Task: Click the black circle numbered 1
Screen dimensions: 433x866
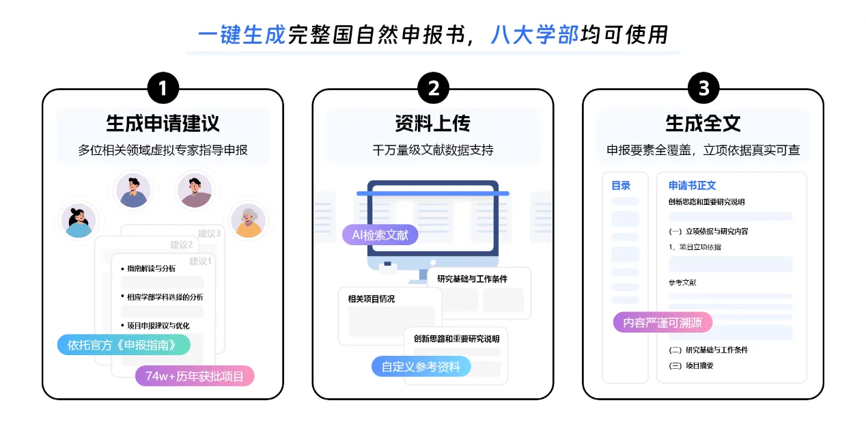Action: pyautogui.click(x=163, y=89)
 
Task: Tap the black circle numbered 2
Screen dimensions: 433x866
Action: pyautogui.click(x=433, y=89)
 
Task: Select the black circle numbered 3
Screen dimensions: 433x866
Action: pyautogui.click(x=703, y=89)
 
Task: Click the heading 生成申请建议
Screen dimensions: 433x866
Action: pyautogui.click(x=163, y=124)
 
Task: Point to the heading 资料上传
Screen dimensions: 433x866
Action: pyautogui.click(x=433, y=124)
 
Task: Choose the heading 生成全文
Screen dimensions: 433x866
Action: pyautogui.click(x=703, y=124)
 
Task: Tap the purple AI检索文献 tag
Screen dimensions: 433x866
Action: pyautogui.click(x=380, y=236)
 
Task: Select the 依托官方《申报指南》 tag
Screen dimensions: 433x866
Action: pyautogui.click(x=123, y=345)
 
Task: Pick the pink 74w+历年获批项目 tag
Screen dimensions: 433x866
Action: pyautogui.click(x=195, y=376)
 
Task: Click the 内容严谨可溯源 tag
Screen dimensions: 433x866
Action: pyautogui.click(x=662, y=322)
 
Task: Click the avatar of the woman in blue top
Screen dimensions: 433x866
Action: pyautogui.click(x=78, y=221)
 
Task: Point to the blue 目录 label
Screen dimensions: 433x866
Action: pyautogui.click(x=621, y=186)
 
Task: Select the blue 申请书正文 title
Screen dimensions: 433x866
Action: pyautogui.click(x=692, y=186)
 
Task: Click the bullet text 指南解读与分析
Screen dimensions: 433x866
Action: pyautogui.click(x=151, y=268)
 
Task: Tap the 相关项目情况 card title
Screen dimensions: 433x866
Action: pyautogui.click(x=372, y=298)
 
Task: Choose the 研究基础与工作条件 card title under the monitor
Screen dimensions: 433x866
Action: pyautogui.click(x=473, y=279)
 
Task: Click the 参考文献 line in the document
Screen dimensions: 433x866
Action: pyautogui.click(x=682, y=283)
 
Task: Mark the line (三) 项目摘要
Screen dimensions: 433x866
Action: pyautogui.click(x=691, y=365)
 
